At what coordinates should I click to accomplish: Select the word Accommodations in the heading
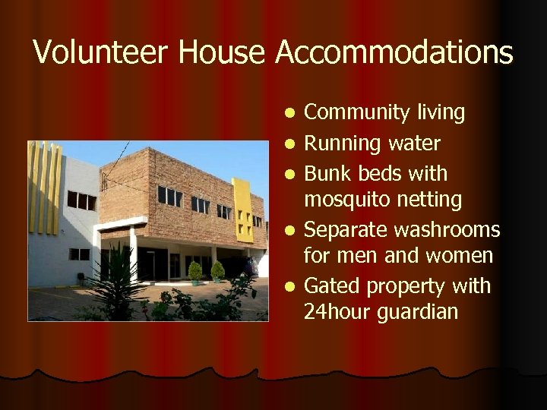(394, 52)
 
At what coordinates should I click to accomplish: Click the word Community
(357, 113)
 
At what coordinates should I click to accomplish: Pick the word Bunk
(327, 174)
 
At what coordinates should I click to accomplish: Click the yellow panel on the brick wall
(243, 209)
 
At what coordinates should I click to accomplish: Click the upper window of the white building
(81, 200)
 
